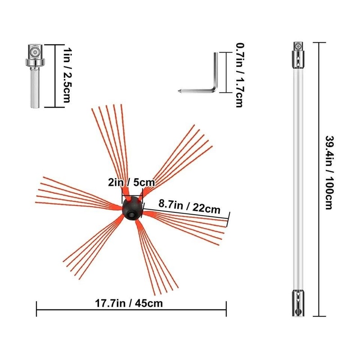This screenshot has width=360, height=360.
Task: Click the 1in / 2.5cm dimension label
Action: pos(67,75)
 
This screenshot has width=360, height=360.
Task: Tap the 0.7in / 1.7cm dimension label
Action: pos(240,75)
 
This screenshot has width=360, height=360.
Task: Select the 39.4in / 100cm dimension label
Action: pos(329,173)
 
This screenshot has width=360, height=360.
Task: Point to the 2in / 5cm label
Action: pos(131,183)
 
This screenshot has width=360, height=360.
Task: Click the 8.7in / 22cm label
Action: pos(189,207)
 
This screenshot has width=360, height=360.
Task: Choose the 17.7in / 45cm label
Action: pos(129,303)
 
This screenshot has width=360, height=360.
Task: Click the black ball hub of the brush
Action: pos(132,208)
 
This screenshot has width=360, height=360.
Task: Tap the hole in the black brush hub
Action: pos(132,215)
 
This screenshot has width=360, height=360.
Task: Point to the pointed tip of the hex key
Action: pos(178,91)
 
